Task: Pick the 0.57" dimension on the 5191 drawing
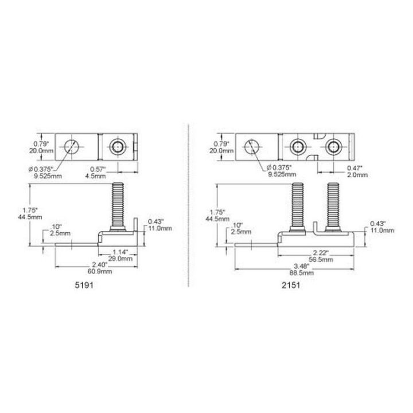[99, 169]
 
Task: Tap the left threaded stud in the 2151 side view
[298, 204]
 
